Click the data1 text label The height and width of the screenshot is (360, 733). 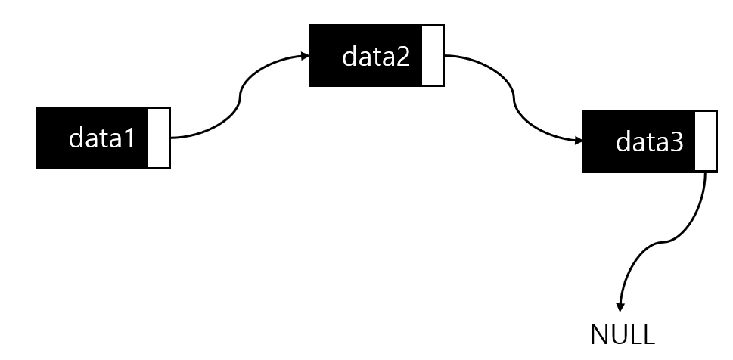pyautogui.click(x=101, y=138)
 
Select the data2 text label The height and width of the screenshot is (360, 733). pyautogui.click(x=376, y=56)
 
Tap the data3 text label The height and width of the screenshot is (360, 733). pyautogui.click(x=649, y=141)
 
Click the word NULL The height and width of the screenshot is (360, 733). pyautogui.click(x=623, y=334)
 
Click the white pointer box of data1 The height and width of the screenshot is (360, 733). pyautogui.click(x=159, y=138)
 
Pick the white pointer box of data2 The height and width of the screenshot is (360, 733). pyautogui.click(x=433, y=54)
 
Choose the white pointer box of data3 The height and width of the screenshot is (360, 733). pyautogui.click(x=705, y=141)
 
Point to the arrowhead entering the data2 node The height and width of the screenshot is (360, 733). pyautogui.click(x=305, y=55)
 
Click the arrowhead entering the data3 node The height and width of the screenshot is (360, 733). pyautogui.click(x=578, y=141)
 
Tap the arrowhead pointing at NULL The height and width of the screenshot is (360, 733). pyautogui.click(x=620, y=307)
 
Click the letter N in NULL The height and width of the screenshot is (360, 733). pyautogui.click(x=598, y=334)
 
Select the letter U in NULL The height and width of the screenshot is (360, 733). pyautogui.click(x=617, y=334)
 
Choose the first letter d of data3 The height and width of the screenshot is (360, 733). pyautogui.click(x=623, y=141)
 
